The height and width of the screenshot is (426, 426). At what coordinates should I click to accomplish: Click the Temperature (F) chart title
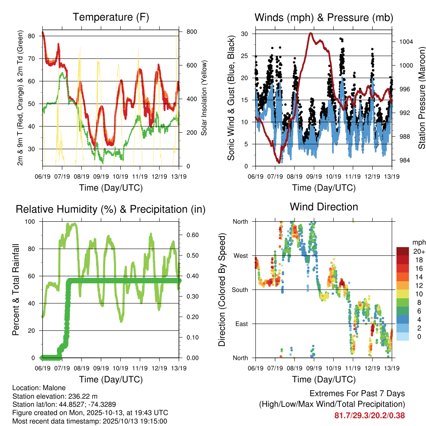[111, 17]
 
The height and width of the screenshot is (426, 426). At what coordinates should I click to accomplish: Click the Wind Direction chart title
[324, 206]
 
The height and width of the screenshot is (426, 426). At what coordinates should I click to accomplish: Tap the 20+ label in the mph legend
[419, 251]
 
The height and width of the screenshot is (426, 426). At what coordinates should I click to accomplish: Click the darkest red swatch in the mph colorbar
[403, 251]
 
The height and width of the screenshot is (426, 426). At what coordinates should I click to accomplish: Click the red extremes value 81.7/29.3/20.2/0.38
[369, 415]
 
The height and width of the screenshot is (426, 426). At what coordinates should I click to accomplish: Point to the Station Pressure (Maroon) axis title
[421, 98]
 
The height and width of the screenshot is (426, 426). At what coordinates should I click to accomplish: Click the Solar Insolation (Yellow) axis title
[204, 98]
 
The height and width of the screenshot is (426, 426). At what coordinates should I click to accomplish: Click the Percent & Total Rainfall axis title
[16, 290]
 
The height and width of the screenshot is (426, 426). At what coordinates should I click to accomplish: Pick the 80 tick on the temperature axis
[32, 36]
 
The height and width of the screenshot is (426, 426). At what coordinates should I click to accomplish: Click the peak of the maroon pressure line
[310, 33]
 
